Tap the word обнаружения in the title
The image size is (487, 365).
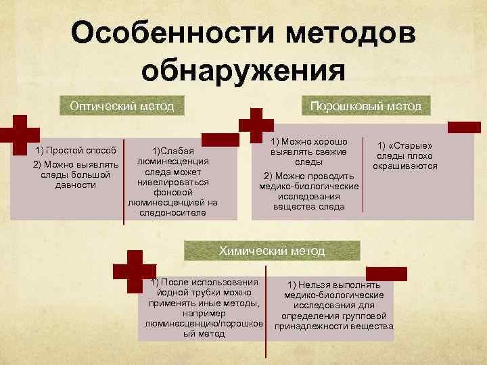243,71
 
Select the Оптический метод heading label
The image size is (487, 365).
122,106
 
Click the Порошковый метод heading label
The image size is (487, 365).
365,106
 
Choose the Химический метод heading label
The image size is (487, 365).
272,251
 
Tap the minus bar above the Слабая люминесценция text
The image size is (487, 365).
221,140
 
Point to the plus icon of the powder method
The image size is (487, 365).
256,126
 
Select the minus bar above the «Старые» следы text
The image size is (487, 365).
464,126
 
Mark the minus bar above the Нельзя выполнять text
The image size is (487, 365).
386,273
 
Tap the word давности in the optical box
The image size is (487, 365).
75,185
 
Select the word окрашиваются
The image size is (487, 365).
404,166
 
